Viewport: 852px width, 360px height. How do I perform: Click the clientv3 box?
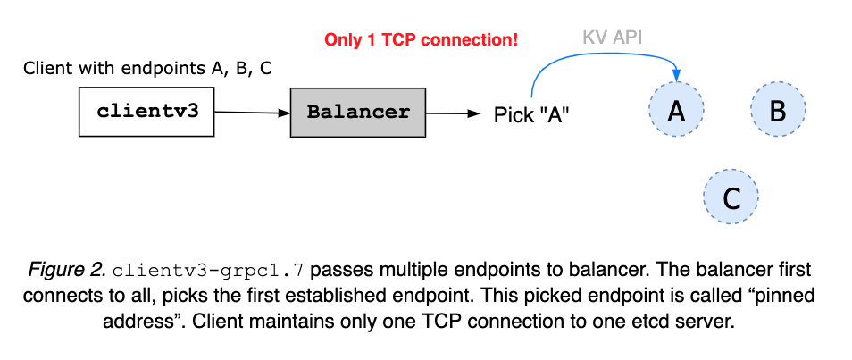point(146,112)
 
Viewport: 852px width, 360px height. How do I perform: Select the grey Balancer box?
point(358,113)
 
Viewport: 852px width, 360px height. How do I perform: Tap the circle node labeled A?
point(676,110)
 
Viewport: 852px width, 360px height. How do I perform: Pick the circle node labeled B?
point(777,110)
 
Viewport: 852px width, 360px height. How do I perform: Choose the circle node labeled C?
point(731,197)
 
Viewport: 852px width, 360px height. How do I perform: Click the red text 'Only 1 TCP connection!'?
point(421,40)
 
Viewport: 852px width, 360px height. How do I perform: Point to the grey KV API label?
point(614,38)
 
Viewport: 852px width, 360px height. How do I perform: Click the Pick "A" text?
point(530,114)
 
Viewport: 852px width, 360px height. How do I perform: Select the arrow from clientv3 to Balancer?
point(252,113)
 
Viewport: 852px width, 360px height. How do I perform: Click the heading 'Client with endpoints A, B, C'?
point(147,69)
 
